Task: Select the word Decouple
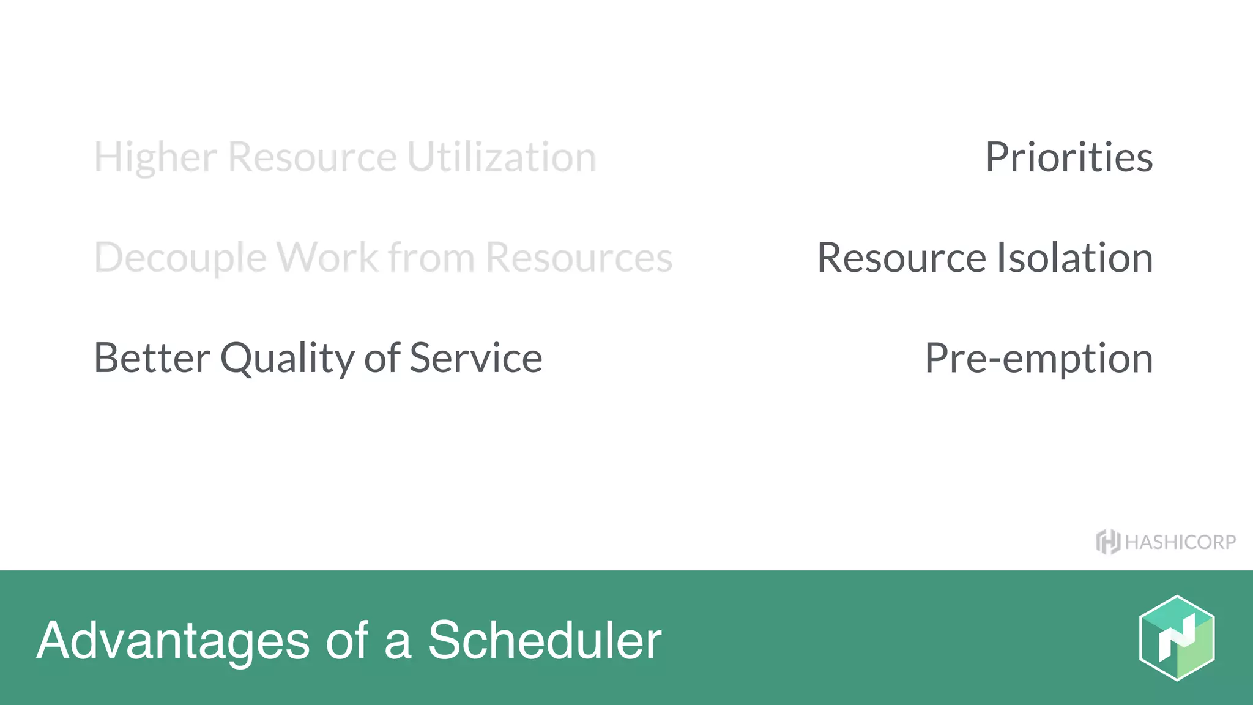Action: (x=180, y=258)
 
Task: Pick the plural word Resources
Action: (x=579, y=258)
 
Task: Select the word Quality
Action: (x=287, y=359)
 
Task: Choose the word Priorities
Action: (x=1069, y=157)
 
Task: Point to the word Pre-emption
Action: (x=1038, y=359)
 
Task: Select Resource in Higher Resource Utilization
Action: (x=313, y=157)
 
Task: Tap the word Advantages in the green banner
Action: (x=173, y=641)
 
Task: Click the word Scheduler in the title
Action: (x=544, y=640)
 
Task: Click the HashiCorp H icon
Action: (x=1108, y=542)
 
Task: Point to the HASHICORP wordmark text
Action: (x=1180, y=542)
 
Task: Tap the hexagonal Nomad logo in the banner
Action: (x=1177, y=638)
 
